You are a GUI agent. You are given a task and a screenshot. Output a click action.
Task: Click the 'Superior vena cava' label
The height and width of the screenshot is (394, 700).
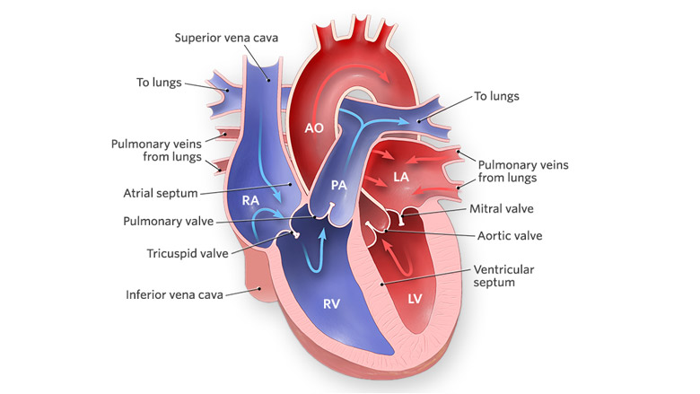click(x=226, y=38)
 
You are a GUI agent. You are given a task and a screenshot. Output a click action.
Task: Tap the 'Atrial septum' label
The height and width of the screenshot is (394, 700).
click(x=161, y=193)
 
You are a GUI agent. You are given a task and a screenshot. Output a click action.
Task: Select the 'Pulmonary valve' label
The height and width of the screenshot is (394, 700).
click(x=169, y=222)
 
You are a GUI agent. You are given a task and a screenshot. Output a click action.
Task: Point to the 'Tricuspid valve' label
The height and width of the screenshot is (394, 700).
click(x=188, y=253)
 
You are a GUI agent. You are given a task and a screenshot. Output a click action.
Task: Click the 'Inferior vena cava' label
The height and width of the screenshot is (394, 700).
click(x=174, y=294)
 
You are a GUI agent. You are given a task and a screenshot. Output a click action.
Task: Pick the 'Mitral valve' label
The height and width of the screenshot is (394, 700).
click(x=502, y=209)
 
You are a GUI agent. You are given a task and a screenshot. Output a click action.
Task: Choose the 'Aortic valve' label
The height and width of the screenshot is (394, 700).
click(x=510, y=236)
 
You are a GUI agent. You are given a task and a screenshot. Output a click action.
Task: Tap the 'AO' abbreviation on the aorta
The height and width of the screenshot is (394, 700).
click(x=314, y=128)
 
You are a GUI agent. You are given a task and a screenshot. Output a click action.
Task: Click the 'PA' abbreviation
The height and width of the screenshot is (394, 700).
click(x=339, y=185)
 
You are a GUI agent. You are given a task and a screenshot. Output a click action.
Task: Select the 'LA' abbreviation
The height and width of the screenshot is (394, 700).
click(x=401, y=177)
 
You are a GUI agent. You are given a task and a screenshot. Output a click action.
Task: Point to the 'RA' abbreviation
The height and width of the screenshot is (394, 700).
click(x=250, y=200)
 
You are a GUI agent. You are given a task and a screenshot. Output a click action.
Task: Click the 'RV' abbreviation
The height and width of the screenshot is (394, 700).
click(x=331, y=304)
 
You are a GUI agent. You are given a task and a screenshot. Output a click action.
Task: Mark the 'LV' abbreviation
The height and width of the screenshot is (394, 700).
click(x=415, y=299)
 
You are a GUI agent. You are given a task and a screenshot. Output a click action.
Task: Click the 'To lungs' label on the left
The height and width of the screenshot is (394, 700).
click(x=159, y=83)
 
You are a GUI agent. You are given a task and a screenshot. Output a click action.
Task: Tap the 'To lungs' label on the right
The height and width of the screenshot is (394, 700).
click(x=496, y=96)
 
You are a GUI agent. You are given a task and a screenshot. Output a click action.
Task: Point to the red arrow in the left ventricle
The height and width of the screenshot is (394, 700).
click(x=398, y=258)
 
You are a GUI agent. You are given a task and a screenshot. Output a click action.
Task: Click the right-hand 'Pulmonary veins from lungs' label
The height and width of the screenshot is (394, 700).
click(x=523, y=171)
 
